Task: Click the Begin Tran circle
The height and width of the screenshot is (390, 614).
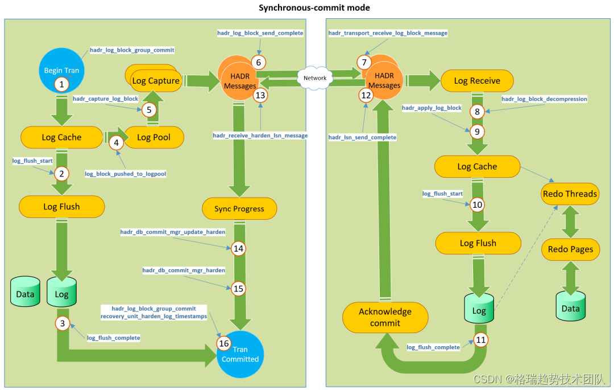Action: pos(61,71)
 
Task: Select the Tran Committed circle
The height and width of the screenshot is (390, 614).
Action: pos(240,354)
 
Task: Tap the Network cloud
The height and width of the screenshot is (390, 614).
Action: pos(315,78)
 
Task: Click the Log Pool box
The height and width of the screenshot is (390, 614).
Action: pos(153,137)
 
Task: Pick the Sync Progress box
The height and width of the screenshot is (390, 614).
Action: pos(239,209)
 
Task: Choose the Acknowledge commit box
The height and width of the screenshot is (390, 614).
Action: pos(385,318)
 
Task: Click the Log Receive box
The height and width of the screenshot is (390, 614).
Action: pos(477,81)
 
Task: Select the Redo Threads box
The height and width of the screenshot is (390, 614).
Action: pos(570,194)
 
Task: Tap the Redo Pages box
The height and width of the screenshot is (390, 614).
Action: pos(571,249)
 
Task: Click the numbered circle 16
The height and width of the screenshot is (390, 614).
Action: pos(224,343)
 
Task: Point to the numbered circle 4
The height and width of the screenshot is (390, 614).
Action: pos(117,143)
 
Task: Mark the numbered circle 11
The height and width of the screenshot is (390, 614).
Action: pos(481,340)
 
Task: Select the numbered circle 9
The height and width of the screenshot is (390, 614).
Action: pos(477,132)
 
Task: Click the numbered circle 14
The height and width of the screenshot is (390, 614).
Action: pos(238,248)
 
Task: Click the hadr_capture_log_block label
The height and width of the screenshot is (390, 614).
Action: pos(105,98)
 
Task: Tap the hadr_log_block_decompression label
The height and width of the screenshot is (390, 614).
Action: pos(544,99)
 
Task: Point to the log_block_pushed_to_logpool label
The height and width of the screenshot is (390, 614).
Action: pos(125,174)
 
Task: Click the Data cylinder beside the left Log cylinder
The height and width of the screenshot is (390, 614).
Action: pos(25,292)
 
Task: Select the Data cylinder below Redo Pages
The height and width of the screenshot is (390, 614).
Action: pos(571,306)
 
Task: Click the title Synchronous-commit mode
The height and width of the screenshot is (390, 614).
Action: pos(314,8)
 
